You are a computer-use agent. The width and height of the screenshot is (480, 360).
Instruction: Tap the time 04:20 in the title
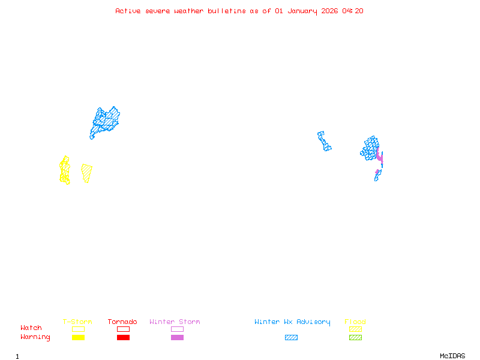(x=353, y=11)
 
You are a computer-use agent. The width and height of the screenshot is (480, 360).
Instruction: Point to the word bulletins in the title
(x=227, y=11)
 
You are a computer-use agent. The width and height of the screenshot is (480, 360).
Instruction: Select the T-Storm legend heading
(x=77, y=322)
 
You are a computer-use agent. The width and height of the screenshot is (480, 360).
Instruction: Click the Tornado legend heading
(x=122, y=322)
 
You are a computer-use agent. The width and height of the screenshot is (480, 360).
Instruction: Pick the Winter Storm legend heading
(x=175, y=322)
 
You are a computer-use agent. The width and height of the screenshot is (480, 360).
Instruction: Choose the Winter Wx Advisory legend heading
(x=292, y=322)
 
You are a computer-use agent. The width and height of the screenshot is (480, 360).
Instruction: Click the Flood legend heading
(x=355, y=322)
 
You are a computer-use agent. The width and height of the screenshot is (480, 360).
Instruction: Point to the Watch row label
(x=31, y=328)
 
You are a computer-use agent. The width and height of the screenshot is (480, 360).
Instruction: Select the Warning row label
(x=35, y=337)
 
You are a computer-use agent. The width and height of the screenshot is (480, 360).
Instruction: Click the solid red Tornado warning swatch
(x=123, y=338)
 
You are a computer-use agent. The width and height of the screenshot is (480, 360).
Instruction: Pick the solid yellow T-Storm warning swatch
(x=78, y=338)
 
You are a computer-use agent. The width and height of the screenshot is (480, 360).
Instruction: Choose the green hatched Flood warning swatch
(x=355, y=338)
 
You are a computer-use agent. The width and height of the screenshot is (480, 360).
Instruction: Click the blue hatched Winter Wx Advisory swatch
(x=291, y=338)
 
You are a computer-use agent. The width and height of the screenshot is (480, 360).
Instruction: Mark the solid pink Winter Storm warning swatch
(x=177, y=338)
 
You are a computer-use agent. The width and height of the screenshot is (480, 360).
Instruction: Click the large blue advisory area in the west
(x=105, y=121)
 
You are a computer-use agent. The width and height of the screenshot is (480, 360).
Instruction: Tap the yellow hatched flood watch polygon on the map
(x=87, y=173)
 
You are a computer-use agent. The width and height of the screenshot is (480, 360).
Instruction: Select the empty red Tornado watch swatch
(x=123, y=329)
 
